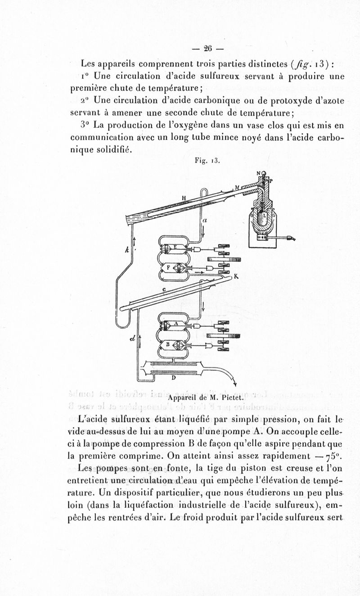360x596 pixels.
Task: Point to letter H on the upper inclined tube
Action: [x=184, y=197]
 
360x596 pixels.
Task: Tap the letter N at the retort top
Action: [x=259, y=173]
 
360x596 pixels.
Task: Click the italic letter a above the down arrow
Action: [x=204, y=221]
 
